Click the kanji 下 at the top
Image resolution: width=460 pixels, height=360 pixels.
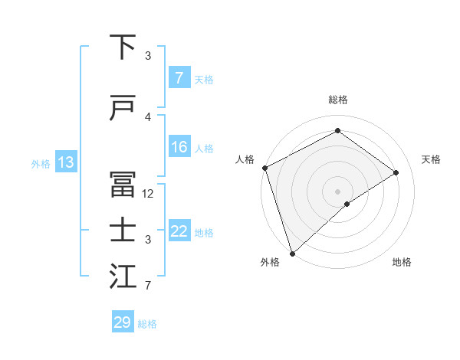click(x=123, y=48)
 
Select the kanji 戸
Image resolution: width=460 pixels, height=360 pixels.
click(x=123, y=110)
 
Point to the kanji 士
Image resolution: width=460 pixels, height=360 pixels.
click(x=123, y=232)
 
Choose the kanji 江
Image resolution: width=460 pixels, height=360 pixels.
click(x=123, y=278)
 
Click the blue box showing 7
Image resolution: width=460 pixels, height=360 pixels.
click(x=179, y=78)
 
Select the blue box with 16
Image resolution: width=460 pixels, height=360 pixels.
click(x=179, y=147)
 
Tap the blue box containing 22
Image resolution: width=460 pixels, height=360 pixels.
click(x=179, y=231)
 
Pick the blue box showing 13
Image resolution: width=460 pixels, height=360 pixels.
click(x=65, y=162)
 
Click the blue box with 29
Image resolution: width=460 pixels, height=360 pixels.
click(x=123, y=322)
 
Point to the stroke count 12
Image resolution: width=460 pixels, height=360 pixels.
click(x=149, y=194)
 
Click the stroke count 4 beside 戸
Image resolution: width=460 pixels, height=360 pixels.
click(x=148, y=117)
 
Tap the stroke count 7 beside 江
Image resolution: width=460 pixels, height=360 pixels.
click(x=148, y=286)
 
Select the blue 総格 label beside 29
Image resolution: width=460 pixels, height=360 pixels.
click(x=147, y=323)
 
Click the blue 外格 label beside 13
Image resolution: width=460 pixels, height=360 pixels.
click(x=41, y=163)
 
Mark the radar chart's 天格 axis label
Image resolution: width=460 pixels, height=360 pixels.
click(x=432, y=159)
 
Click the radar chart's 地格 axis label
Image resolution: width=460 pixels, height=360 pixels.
click(x=402, y=262)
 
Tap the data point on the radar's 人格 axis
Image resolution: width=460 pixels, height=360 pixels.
click(x=264, y=168)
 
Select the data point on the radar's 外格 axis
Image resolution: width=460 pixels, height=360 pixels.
click(x=291, y=253)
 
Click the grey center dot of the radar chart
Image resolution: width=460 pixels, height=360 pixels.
click(x=337, y=191)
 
